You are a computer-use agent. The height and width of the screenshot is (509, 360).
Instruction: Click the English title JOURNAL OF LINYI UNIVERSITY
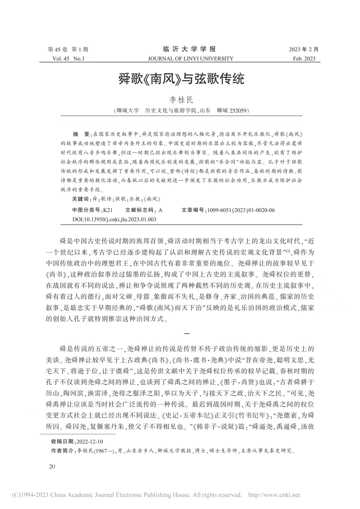pyautogui.click(x=190, y=59)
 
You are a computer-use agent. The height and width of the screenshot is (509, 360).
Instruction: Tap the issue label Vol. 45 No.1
pyautogui.click(x=68, y=59)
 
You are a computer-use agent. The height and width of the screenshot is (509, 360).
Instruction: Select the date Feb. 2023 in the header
pyautogui.click(x=304, y=59)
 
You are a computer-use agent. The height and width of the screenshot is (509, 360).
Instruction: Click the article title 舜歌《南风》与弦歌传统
pyautogui.click(x=181, y=79)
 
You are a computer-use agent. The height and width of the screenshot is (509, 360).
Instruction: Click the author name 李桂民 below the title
pyautogui.click(x=181, y=100)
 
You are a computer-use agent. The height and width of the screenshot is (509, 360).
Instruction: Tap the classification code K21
pyautogui.click(x=108, y=210)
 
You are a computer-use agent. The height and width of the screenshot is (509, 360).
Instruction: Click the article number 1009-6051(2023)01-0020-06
pyautogui.click(x=241, y=210)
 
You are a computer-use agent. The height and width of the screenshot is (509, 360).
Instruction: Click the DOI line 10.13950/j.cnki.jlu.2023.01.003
pyautogui.click(x=114, y=219)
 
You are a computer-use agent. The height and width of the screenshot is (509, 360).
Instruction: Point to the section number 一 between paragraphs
pyautogui.click(x=187, y=333)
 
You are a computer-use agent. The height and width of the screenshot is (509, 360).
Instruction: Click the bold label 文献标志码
pyautogui.click(x=139, y=210)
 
